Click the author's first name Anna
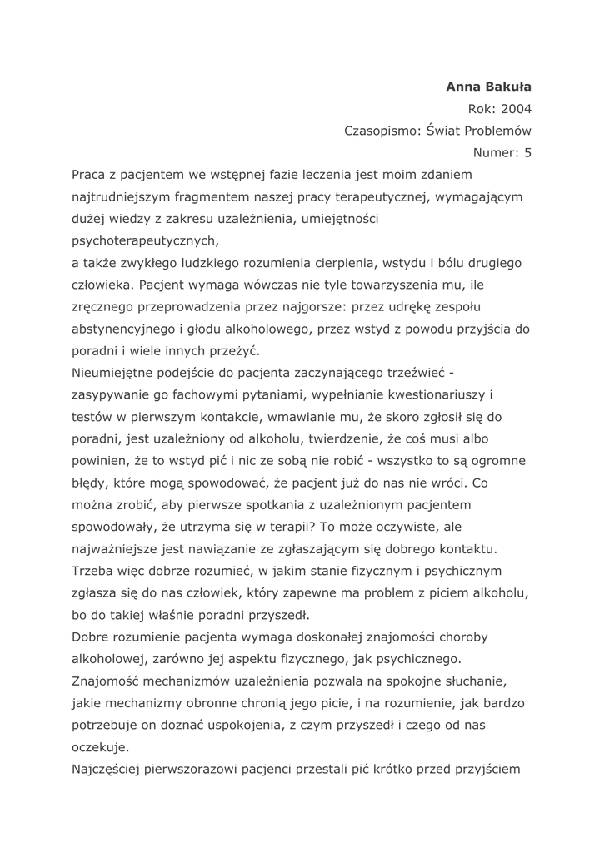[x=462, y=86]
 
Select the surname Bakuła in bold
[x=507, y=86]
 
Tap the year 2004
[x=517, y=108]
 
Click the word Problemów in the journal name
[x=497, y=131]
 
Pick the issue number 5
[x=527, y=152]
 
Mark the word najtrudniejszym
[x=124, y=197]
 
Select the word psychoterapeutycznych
[x=144, y=241]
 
